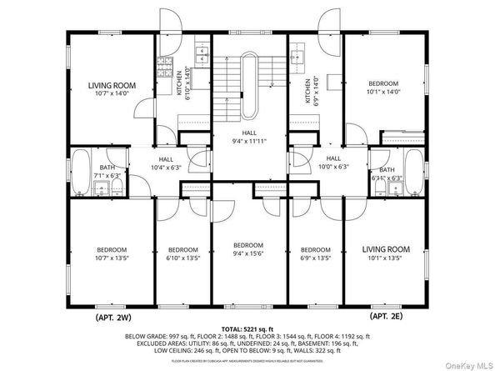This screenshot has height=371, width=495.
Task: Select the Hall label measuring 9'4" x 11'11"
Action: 249,136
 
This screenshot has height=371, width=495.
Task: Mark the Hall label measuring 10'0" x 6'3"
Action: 333,163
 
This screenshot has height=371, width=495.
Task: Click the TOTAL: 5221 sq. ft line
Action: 247,330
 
